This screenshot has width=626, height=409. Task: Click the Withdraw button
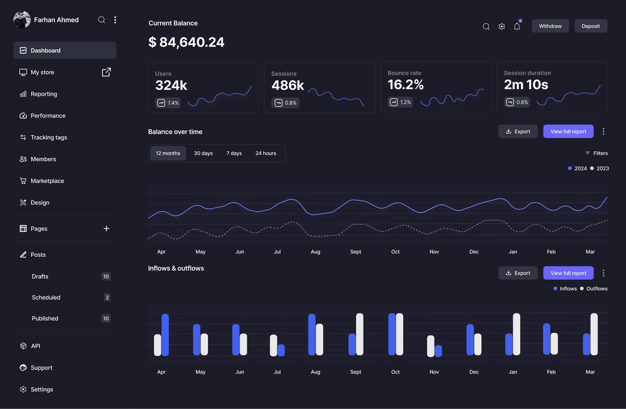tap(550, 26)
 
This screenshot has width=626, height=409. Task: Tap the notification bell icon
tap(517, 27)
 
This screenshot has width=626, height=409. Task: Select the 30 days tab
tap(203, 154)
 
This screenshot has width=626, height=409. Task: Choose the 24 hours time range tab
tap(265, 154)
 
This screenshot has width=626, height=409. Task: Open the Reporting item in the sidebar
tap(43, 94)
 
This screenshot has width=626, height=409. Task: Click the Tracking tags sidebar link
tap(49, 137)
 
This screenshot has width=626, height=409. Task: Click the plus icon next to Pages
tap(107, 229)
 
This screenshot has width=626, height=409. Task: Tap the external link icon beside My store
tap(107, 72)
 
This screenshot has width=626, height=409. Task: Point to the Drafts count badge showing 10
tap(106, 276)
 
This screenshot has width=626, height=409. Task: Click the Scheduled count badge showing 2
tap(107, 297)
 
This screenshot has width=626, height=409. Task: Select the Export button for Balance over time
tap(518, 132)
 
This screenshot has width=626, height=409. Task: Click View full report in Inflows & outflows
tap(568, 273)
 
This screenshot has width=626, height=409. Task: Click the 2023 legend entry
tap(599, 169)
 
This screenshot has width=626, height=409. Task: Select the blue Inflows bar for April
tap(165, 335)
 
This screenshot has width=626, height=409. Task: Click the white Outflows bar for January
tap(516, 334)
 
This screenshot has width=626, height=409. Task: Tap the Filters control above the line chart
tap(596, 154)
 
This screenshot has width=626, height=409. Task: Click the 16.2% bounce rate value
tap(406, 85)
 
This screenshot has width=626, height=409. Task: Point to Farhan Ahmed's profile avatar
tap(22, 20)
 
